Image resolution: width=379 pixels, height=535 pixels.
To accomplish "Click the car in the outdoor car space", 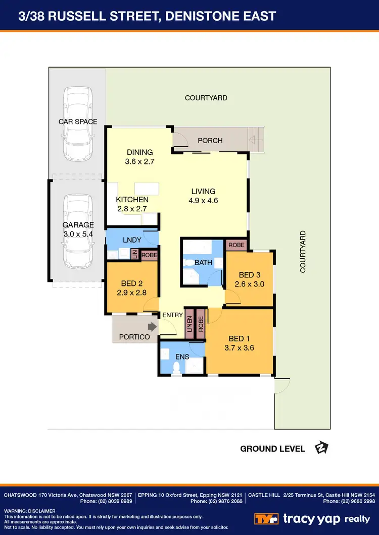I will click(78, 124).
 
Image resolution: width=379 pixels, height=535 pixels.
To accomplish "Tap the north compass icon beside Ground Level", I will click(321, 448).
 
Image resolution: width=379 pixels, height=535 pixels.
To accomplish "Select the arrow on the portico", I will click(151, 326).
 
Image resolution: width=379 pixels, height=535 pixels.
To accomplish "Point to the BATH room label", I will click(203, 263).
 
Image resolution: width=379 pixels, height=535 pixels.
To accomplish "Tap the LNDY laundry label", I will click(132, 240).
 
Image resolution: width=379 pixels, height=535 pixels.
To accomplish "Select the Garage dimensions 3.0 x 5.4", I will click(78, 234).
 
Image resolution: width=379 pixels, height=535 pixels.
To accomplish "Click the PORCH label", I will click(210, 140).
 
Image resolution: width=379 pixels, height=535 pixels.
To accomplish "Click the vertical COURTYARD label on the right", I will click(303, 252).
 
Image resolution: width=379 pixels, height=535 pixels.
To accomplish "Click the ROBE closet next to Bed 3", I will click(236, 245).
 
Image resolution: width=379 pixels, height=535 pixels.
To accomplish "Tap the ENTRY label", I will click(172, 315).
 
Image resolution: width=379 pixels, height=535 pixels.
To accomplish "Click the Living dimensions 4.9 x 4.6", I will click(203, 200).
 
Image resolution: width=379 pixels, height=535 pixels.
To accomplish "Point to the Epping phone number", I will click(217, 501).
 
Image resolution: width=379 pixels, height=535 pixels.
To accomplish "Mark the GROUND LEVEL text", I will click(272, 448).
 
